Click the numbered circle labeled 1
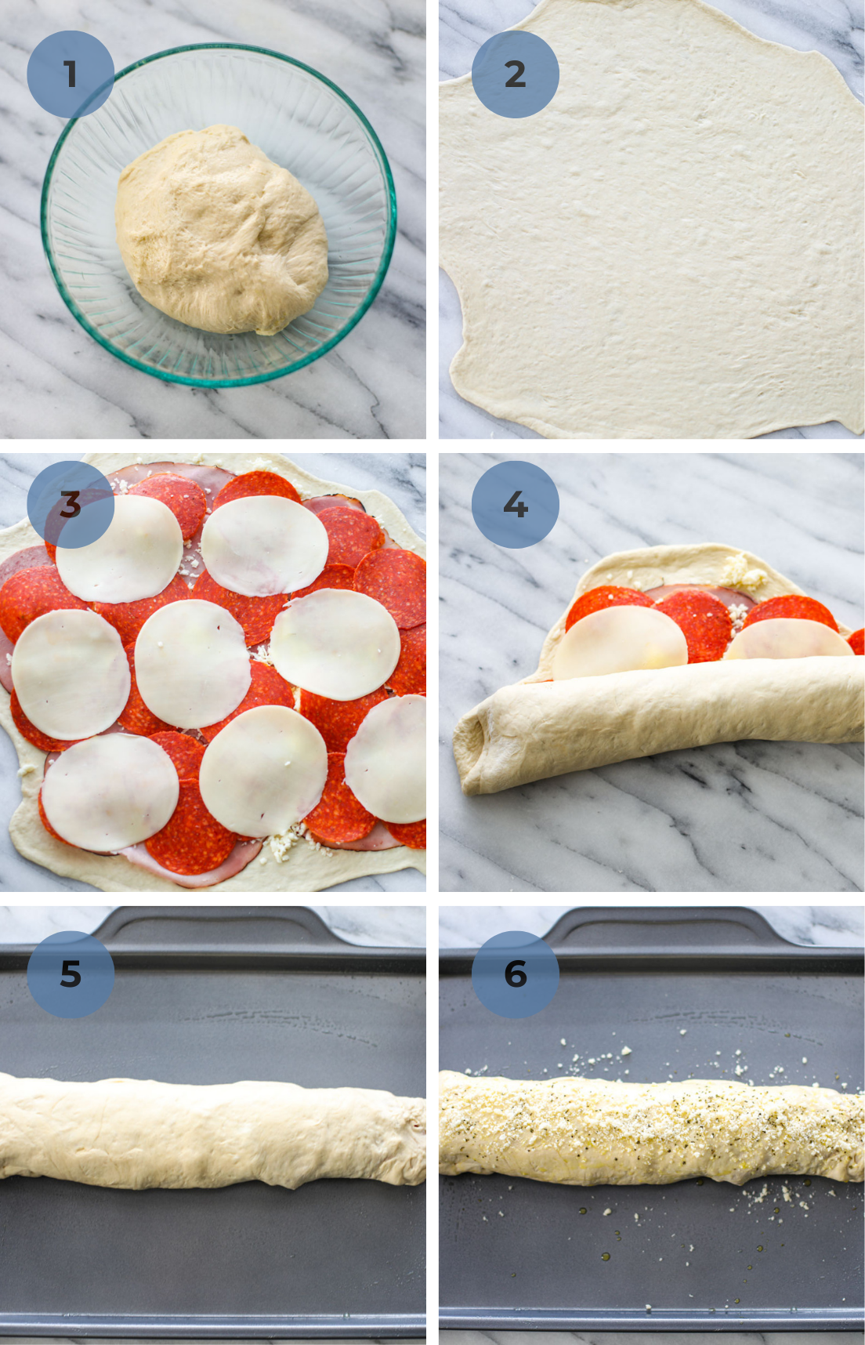(71, 74)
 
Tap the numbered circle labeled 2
(516, 74)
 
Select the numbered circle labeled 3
(71, 505)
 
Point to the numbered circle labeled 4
(516, 505)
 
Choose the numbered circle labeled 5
(71, 974)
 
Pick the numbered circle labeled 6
(516, 974)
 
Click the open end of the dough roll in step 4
(475, 745)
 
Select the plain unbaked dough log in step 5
(212, 1129)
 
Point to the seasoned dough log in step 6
(650, 1129)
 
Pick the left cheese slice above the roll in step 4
(619, 643)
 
